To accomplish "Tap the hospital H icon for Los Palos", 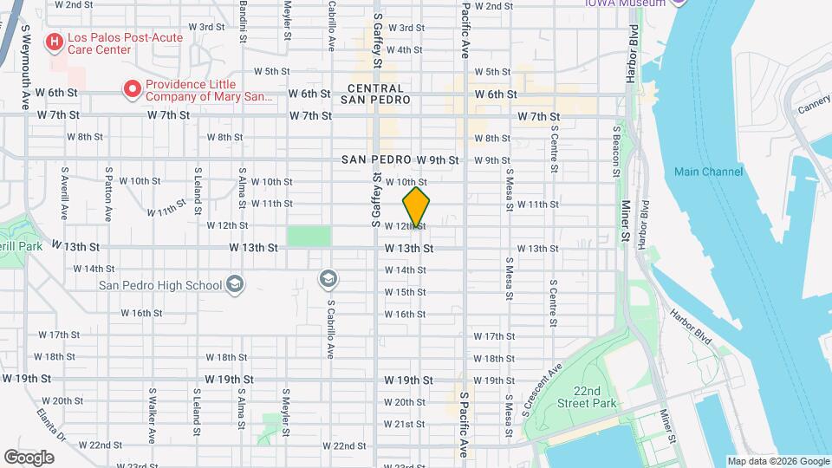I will pyautogui.click(x=55, y=41).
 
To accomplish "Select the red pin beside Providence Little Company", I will pyautogui.click(x=132, y=88).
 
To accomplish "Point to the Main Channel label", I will pyautogui.click(x=708, y=172).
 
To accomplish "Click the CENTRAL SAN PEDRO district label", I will pyautogui.click(x=375, y=94).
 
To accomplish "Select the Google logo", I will pyautogui.click(x=29, y=457).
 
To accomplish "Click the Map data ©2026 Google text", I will pyautogui.click(x=777, y=461).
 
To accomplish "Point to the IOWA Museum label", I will pyautogui.click(x=625, y=3).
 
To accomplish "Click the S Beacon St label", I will pyautogui.click(x=616, y=151).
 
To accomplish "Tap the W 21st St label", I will pyautogui.click(x=404, y=424).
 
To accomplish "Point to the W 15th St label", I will pyautogui.click(x=405, y=292).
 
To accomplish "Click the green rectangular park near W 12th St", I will pyautogui.click(x=309, y=236).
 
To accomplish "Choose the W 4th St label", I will pyautogui.click(x=405, y=49).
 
